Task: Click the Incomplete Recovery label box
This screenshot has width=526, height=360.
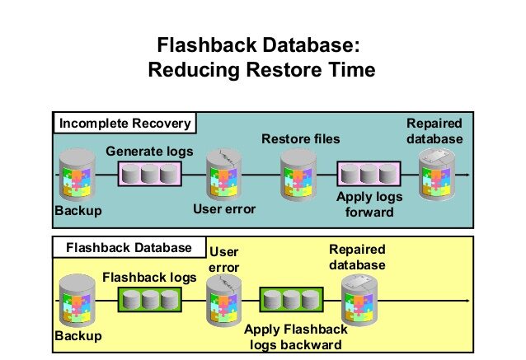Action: (124, 124)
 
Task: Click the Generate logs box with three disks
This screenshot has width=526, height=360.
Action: (149, 175)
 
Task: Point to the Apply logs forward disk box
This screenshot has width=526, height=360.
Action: (369, 175)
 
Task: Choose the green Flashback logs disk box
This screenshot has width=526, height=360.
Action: (149, 299)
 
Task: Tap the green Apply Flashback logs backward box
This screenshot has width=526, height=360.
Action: (291, 300)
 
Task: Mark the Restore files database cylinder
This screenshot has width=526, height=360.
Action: (298, 175)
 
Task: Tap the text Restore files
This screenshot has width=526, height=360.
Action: (301, 138)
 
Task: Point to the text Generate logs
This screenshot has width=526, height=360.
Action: (149, 152)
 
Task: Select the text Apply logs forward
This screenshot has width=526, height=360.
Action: (369, 203)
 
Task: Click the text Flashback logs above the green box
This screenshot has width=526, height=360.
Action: (149, 278)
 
